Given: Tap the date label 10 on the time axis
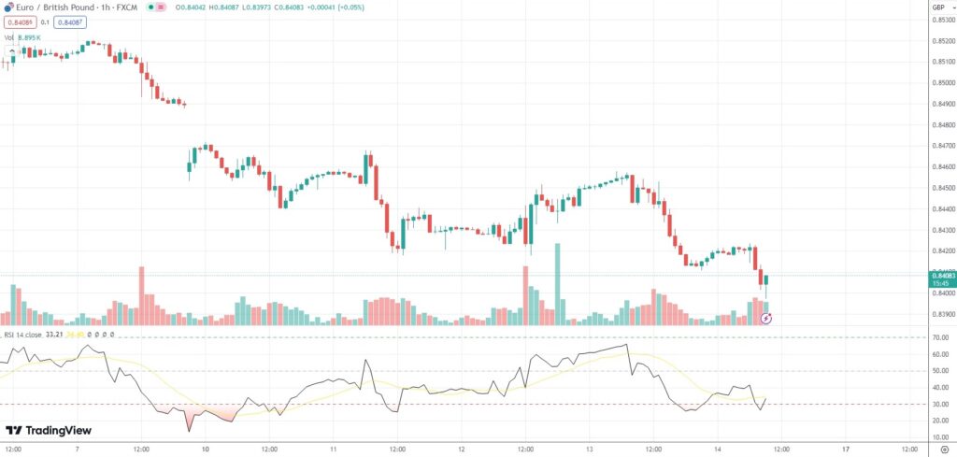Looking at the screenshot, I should tap(205, 448).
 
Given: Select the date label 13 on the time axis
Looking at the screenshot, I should tap(588, 448).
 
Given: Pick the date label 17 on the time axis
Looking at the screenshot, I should tap(844, 448).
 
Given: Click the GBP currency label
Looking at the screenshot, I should tap(937, 7).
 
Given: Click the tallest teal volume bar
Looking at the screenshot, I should tap(557, 283).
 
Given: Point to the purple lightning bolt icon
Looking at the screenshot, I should tap(766, 319).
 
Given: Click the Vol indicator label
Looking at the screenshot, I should tap(9, 37).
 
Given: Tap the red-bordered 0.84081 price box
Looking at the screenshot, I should tap(18, 22).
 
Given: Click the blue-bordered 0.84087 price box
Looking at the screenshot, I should tap(69, 22).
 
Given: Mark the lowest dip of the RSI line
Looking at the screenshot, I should tap(190, 431).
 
